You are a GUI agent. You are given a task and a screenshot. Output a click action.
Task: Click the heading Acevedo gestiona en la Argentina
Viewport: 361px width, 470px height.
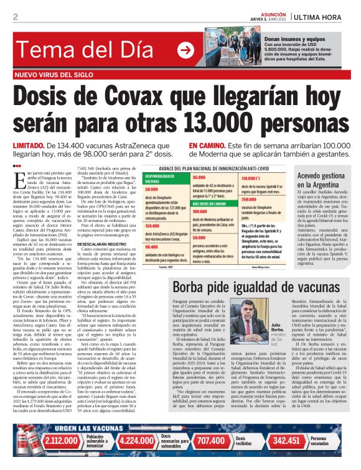coord(321,181)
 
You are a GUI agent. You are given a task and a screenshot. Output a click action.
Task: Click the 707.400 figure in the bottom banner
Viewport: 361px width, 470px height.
coord(210,457)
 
